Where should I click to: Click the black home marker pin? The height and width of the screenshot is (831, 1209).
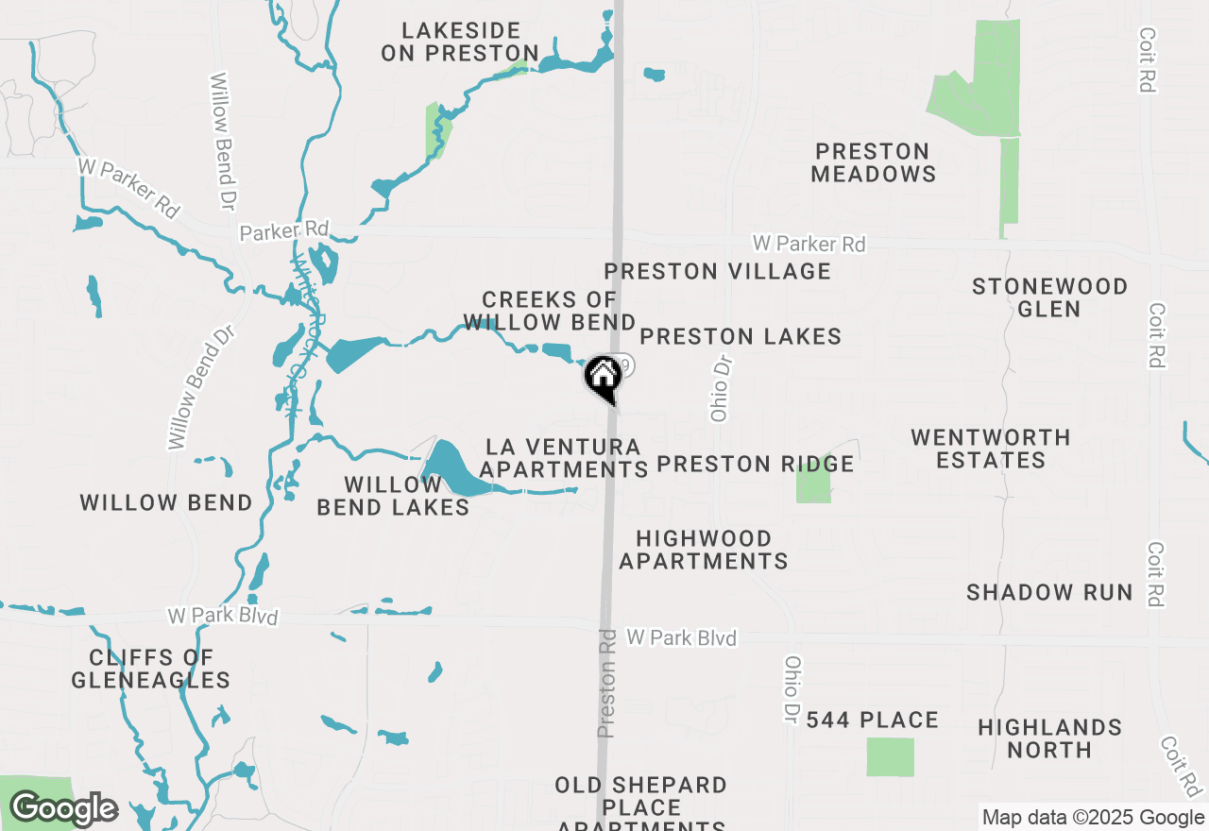(603, 377)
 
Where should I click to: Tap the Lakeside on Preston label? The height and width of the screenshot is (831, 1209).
(460, 42)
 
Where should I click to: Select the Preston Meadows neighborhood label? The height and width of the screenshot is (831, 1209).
(874, 162)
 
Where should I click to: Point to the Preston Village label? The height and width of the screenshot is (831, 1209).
(718, 272)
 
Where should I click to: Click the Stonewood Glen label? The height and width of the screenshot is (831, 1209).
(1049, 297)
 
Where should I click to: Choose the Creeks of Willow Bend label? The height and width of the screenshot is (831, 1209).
(549, 312)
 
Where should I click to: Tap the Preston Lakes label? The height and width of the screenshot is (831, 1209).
(741, 336)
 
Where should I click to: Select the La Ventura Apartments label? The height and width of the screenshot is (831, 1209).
(563, 457)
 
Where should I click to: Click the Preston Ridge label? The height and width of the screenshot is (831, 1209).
(755, 464)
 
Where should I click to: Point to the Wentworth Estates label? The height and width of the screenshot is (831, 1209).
(991, 449)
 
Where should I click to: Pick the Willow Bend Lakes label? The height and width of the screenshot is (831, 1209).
(393, 496)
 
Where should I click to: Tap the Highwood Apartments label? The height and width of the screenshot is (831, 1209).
(704, 550)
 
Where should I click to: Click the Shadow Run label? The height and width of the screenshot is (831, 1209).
(1049, 592)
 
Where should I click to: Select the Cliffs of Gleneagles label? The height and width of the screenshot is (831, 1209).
(151, 669)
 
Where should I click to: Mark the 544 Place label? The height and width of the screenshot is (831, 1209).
(873, 721)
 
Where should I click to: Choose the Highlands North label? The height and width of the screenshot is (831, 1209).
(1049, 738)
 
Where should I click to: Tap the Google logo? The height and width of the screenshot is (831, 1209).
(64, 809)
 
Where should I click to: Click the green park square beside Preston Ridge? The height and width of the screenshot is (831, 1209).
(813, 483)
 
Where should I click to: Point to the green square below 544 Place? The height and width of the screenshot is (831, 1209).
(891, 757)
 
